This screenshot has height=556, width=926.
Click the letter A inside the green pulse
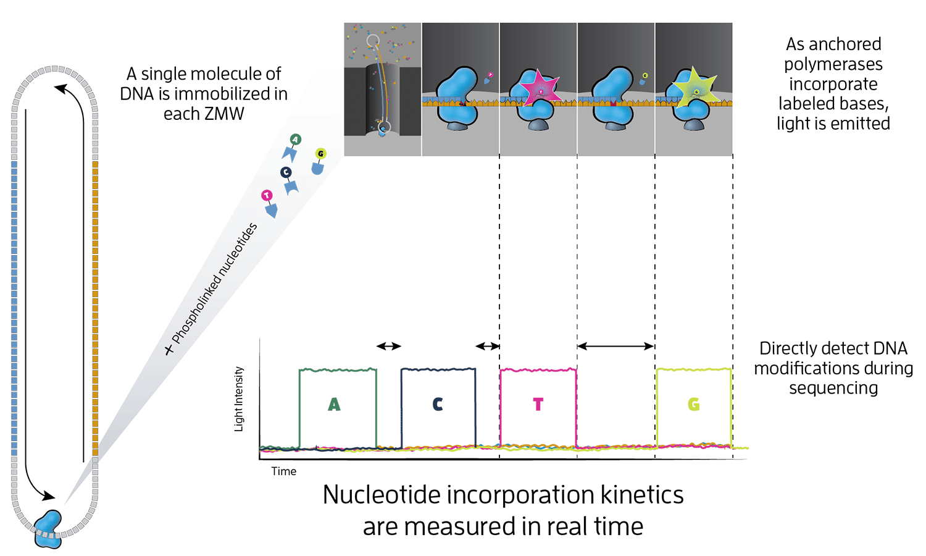pos(334,405)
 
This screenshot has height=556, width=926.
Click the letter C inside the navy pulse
pos(437,405)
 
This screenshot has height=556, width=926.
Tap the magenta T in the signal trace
pos(538,405)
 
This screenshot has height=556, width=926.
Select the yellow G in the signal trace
pos(693,405)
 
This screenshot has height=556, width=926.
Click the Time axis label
pos(284,471)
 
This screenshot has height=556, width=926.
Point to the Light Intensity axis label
pos(240,399)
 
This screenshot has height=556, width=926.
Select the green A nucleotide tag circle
pos(295,140)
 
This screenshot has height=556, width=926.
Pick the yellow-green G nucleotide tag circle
pos(320,153)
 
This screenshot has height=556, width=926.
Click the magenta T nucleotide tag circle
pos(267,196)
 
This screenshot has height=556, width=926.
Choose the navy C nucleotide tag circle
pos(286,172)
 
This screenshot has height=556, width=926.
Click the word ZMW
pos(225,114)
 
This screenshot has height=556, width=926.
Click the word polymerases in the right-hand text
pos(833,64)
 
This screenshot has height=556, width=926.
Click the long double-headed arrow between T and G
pos(615,347)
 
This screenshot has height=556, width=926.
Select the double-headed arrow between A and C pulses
pos(389,347)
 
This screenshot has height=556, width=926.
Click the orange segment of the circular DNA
pos(95,309)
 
